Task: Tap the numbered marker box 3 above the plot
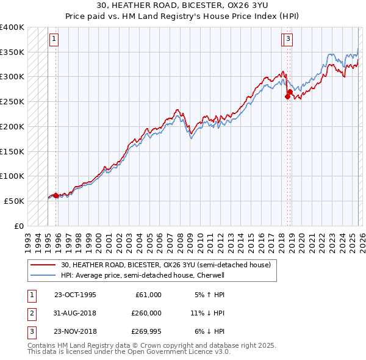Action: pyautogui.click(x=287, y=40)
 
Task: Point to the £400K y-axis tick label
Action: pyautogui.click(x=12, y=27)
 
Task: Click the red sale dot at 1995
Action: pyautogui.click(x=56, y=195)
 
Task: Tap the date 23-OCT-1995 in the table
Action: pyautogui.click(x=75, y=295)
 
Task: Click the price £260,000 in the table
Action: pyautogui.click(x=146, y=313)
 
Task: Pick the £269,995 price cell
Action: pyautogui.click(x=146, y=331)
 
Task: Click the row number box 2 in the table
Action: pyautogui.click(x=30, y=313)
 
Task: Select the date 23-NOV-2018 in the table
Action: pyautogui.click(x=75, y=331)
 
